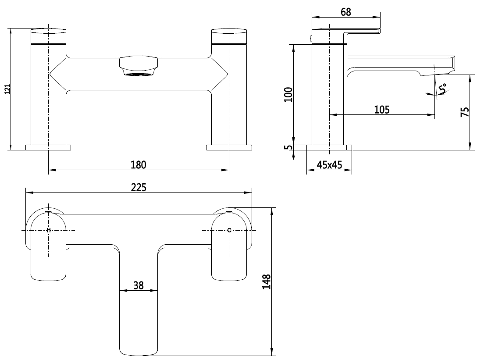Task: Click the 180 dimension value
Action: tap(138, 164)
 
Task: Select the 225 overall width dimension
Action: tap(138, 187)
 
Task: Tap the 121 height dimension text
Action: tap(6, 89)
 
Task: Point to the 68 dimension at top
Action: tap(346, 12)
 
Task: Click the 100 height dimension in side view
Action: tap(288, 94)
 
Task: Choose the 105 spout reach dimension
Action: tap(382, 110)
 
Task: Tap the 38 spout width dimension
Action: tap(139, 285)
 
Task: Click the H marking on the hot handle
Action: tap(49, 230)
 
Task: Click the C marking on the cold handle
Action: tap(229, 230)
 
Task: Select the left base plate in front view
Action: tap(48, 147)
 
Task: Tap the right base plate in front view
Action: tap(229, 147)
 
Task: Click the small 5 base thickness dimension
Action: tap(288, 147)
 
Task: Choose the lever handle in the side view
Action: tap(362, 31)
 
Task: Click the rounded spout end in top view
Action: tap(139, 349)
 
